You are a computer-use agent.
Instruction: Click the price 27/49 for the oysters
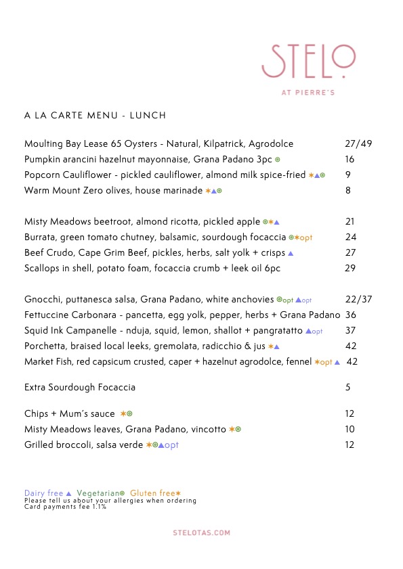click(x=358, y=144)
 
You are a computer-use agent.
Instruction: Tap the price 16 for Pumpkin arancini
click(x=349, y=160)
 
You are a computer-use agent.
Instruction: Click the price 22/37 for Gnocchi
click(x=358, y=300)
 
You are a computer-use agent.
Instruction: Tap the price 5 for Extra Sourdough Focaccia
click(x=347, y=388)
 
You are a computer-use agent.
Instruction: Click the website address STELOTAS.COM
click(x=201, y=533)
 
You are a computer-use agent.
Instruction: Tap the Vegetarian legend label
click(x=98, y=493)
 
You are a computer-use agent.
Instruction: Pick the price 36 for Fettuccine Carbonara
click(x=351, y=315)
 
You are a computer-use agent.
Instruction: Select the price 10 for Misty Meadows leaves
click(x=349, y=430)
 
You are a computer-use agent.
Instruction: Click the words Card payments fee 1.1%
click(x=65, y=507)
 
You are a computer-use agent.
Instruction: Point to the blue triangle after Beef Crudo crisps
click(x=291, y=253)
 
